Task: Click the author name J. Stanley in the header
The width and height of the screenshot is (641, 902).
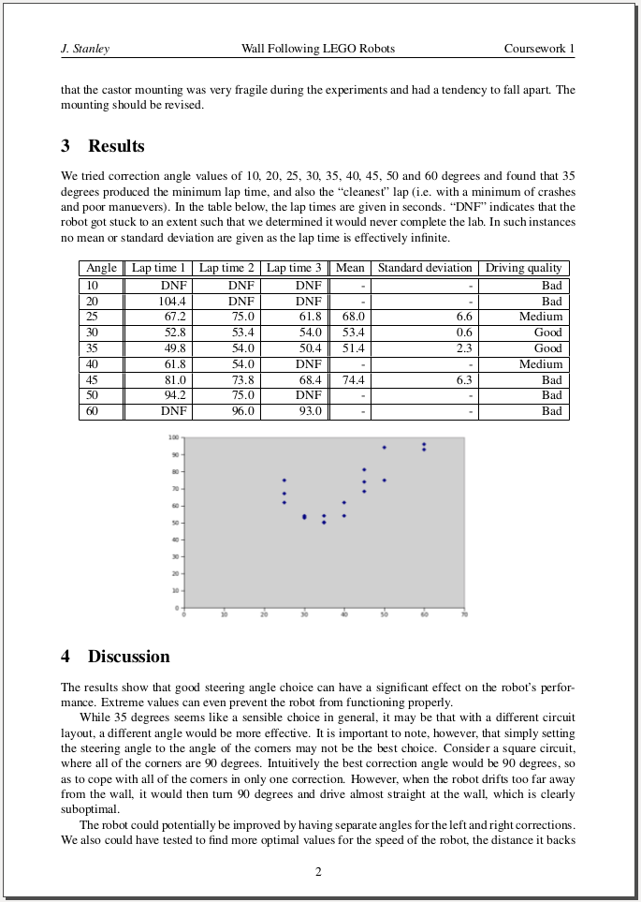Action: [x=85, y=49]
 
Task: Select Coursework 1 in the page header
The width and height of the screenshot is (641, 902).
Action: [x=539, y=49]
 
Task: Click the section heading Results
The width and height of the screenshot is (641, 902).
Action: [x=116, y=146]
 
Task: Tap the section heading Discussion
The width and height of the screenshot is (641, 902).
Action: [x=128, y=657]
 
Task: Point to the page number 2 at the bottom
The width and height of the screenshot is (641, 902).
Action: [x=318, y=872]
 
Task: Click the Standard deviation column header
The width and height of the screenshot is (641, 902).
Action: [x=425, y=268]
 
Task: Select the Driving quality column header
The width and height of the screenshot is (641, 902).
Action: [x=523, y=268]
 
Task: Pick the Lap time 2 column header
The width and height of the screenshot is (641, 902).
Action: [x=226, y=268]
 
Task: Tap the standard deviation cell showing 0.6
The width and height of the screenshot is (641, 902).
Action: [x=464, y=333]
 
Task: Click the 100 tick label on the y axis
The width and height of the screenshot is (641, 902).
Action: [x=174, y=437]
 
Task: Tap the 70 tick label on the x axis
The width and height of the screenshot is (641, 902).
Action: [x=464, y=615]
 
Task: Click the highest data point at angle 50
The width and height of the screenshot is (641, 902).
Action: [x=384, y=448]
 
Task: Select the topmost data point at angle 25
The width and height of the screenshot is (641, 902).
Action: [x=284, y=481]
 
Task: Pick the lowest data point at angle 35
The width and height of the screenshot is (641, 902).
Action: [x=324, y=522]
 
